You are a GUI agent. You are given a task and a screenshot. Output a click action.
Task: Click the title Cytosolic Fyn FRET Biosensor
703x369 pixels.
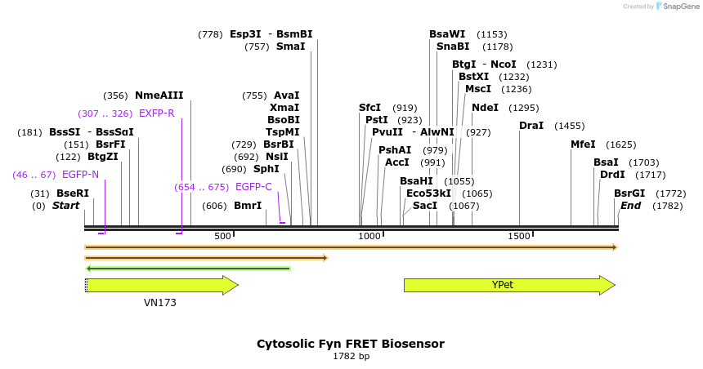click(x=351, y=344)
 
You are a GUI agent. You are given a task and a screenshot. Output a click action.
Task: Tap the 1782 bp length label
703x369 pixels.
click(x=351, y=357)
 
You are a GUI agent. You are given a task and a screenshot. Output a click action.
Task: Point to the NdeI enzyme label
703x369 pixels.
click(x=485, y=108)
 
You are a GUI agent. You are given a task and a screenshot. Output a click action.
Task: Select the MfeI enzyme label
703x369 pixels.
click(x=584, y=144)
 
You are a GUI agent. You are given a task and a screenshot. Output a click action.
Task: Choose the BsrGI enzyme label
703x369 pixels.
click(x=629, y=193)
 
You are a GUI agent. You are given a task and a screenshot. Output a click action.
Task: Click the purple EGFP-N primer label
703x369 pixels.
click(x=80, y=175)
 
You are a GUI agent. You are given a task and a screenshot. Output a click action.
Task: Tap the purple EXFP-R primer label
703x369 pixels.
click(x=157, y=113)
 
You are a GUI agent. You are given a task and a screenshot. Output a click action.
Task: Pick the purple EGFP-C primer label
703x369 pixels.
click(x=253, y=187)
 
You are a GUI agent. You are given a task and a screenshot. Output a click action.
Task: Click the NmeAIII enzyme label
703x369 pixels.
click(x=159, y=96)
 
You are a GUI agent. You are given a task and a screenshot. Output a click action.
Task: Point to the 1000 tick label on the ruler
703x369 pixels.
click(x=369, y=237)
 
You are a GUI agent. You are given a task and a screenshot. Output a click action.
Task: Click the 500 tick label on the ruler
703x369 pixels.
click(x=222, y=237)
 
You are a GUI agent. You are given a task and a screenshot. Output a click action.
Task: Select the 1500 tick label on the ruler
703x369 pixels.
click(x=519, y=237)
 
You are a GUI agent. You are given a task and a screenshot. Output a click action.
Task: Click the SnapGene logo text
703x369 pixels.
click(x=679, y=7)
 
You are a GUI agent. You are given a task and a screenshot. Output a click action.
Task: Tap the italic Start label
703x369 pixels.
click(x=65, y=206)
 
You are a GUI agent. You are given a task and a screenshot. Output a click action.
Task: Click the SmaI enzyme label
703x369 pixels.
click(x=290, y=47)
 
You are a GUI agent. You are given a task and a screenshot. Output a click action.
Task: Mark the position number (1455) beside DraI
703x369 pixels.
click(x=569, y=126)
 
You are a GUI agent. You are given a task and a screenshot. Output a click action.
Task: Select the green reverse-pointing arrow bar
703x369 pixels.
click(x=188, y=268)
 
